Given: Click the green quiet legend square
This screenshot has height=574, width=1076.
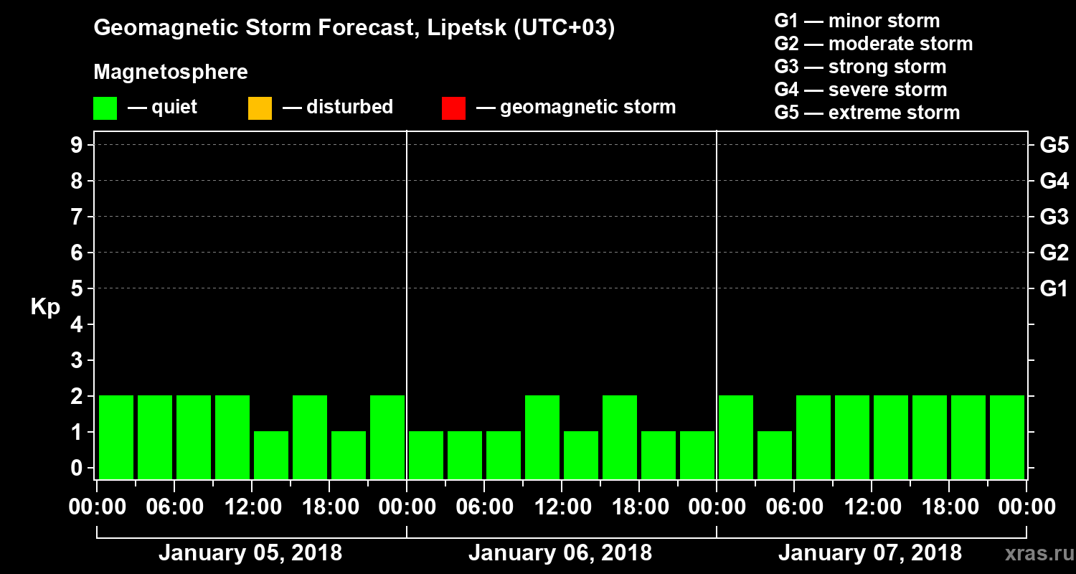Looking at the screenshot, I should point(105,108).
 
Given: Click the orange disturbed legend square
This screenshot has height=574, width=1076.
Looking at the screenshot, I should point(260,108).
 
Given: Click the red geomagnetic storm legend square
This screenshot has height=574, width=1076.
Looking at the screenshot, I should point(453,108).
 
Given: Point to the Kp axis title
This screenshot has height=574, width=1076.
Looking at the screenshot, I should point(45,306).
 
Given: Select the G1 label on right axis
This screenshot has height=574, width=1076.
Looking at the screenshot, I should point(1054,288).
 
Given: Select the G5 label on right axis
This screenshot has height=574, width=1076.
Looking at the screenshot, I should point(1054,145).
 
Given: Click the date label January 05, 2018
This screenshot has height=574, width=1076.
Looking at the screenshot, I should point(250,553).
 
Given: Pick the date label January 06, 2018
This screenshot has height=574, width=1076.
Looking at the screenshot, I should point(560,553).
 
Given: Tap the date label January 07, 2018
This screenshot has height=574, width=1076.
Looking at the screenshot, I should point(870,553).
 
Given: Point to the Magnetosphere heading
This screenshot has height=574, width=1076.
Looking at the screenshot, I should point(171,72).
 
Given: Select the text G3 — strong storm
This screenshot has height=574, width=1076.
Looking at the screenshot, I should point(860,67).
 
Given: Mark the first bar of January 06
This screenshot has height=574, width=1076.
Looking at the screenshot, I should point(426,455).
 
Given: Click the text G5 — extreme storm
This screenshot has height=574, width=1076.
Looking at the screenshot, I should point(867,113).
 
